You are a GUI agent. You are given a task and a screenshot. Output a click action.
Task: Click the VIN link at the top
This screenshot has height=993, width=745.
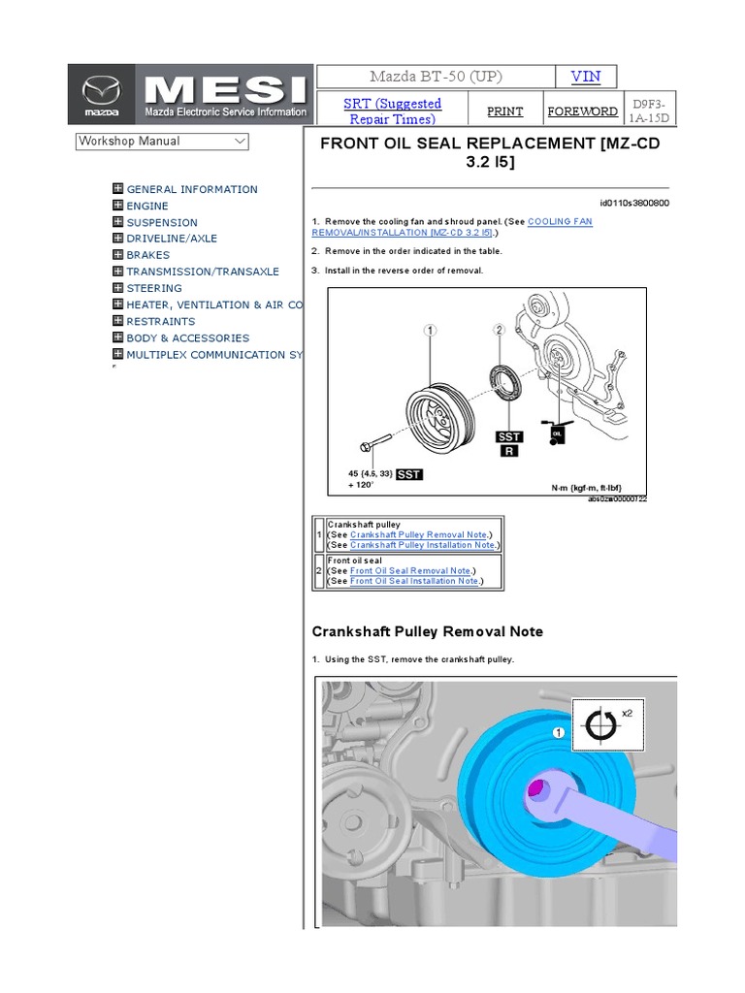pos(585,77)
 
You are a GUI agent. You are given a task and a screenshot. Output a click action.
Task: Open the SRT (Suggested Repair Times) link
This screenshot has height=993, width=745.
pos(393,111)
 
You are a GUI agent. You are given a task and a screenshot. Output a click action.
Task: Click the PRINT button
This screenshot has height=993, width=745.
pos(504,112)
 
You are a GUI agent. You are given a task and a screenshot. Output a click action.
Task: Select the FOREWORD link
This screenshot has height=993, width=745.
pos(582,112)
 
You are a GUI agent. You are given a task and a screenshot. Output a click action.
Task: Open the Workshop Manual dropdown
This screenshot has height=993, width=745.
pos(162,142)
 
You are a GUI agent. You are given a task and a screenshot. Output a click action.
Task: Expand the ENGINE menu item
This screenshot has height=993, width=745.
pos(146,206)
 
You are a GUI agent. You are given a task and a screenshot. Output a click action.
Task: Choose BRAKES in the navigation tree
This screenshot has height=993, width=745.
pos(147,255)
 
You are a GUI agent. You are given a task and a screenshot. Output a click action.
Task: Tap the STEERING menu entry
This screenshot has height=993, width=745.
pos(153,288)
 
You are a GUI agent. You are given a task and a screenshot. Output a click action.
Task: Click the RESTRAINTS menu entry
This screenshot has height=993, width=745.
pos(160,321)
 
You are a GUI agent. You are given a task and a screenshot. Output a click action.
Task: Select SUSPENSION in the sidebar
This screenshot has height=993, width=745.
pos(161,222)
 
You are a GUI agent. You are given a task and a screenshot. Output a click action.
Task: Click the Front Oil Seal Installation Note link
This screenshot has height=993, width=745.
pos(414,581)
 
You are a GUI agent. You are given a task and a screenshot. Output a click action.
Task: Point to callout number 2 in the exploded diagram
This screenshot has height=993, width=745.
pos(500,330)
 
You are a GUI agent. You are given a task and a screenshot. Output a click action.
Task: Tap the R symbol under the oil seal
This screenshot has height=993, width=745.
pos(509,451)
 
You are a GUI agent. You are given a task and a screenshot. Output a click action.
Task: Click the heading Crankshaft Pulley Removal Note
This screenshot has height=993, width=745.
pos(427,631)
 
